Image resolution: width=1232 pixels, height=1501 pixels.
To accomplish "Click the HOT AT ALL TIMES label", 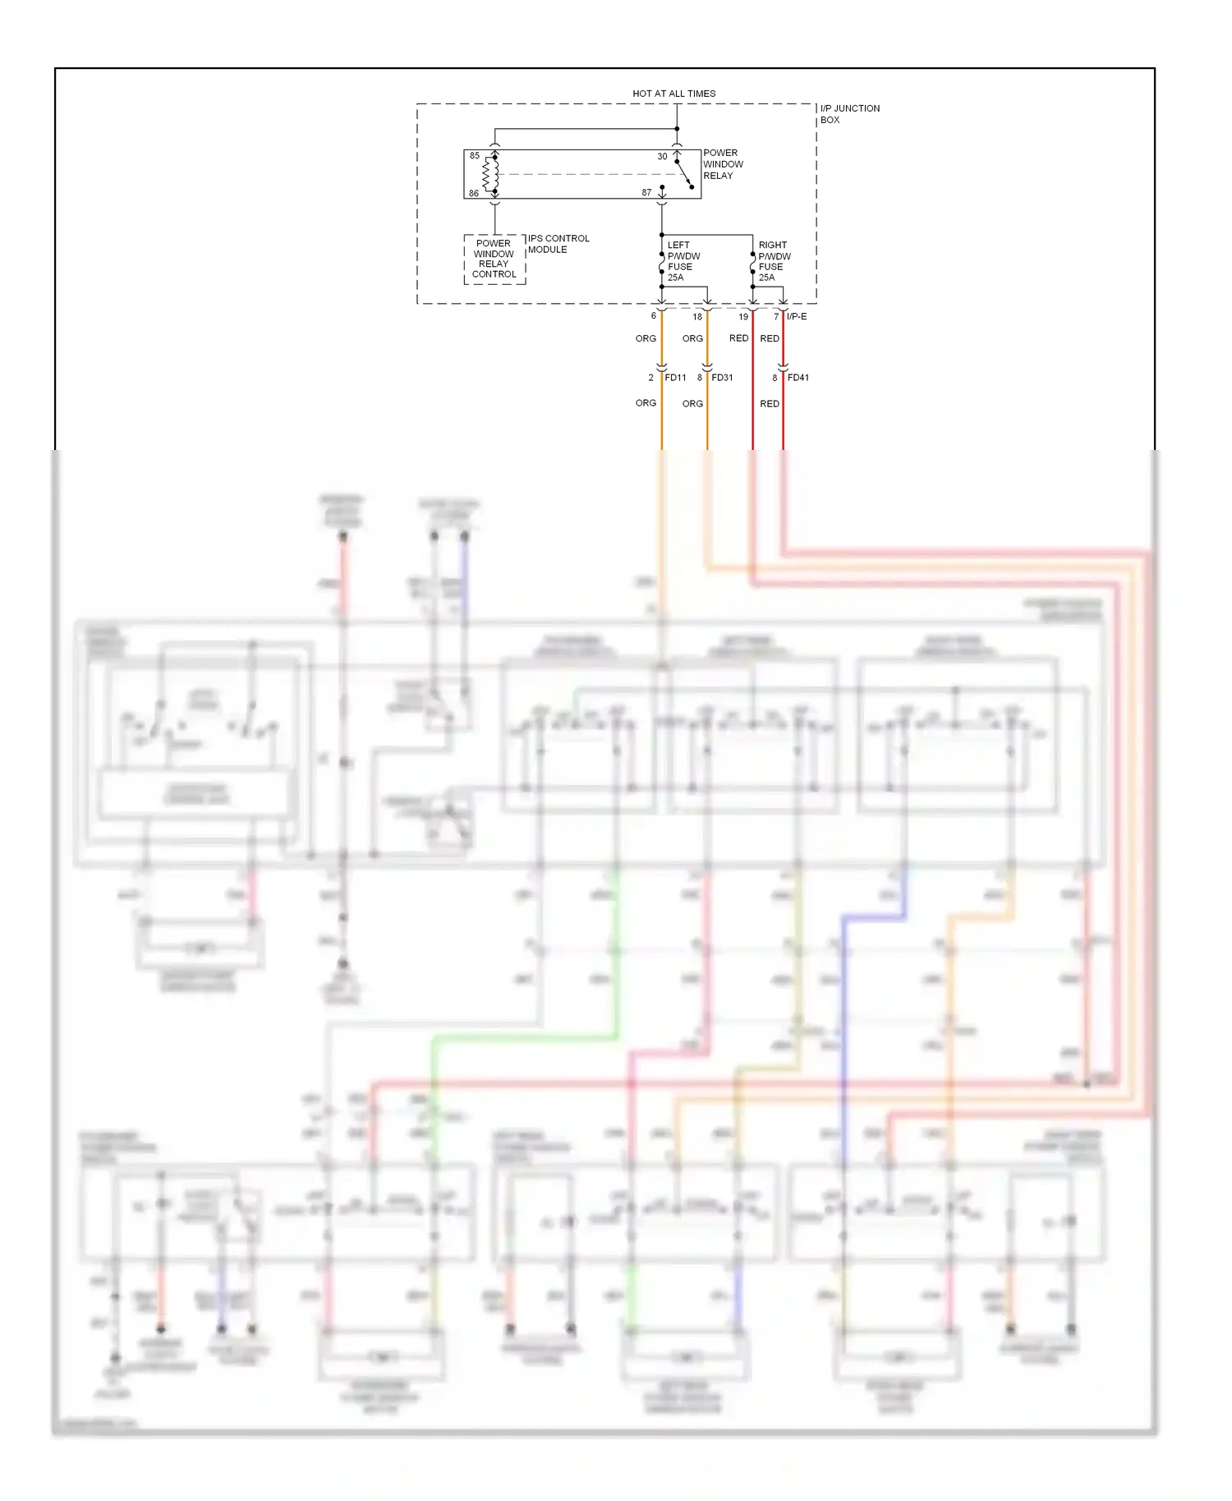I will click(673, 94).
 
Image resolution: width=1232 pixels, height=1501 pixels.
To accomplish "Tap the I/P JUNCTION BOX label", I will click(849, 114).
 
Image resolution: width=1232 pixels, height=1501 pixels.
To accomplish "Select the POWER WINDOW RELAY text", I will click(722, 164).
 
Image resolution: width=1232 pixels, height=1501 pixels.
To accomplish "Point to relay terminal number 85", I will click(475, 156).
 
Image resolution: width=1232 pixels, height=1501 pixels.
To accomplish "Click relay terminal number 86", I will click(474, 194).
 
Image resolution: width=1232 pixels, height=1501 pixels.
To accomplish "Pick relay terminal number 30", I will click(662, 157).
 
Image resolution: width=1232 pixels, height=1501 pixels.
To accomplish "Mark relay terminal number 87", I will click(646, 193).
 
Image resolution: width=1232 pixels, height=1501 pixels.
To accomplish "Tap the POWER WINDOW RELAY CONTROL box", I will click(494, 259).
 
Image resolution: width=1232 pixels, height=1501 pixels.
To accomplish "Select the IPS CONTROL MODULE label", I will click(559, 244).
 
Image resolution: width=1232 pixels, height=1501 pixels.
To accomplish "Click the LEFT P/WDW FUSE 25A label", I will click(683, 261).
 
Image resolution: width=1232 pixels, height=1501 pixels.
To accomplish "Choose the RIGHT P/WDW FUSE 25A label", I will click(775, 261).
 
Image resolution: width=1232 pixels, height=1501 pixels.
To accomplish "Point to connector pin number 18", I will click(697, 317).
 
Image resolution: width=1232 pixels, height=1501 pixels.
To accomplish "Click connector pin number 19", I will click(743, 317).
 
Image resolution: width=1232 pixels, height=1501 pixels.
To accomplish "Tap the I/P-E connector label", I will click(797, 317).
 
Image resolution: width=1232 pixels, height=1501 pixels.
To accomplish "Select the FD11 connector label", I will click(675, 378).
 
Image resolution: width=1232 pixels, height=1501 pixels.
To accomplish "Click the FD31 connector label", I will click(722, 378).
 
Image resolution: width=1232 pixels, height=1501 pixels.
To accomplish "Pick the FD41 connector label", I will click(798, 378).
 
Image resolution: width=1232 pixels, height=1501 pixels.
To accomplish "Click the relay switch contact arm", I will click(684, 175).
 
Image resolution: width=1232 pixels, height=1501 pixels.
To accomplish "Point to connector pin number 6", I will click(654, 316).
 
